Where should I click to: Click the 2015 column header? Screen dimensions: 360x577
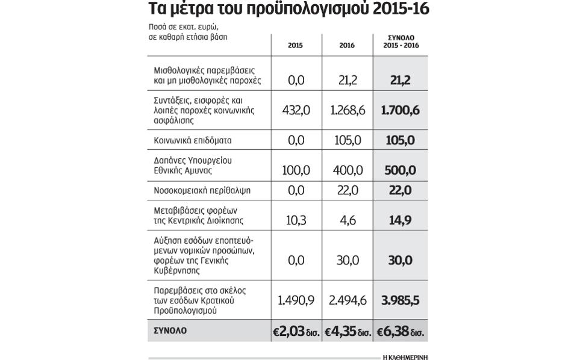(295, 45)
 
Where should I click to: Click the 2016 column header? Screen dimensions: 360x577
(347, 45)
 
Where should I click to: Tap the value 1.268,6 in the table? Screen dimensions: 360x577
(348, 110)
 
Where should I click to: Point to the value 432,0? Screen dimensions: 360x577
(296, 110)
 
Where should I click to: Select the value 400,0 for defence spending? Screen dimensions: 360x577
(348, 170)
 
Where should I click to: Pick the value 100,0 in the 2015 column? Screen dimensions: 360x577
(296, 170)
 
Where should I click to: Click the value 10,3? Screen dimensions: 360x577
(296, 220)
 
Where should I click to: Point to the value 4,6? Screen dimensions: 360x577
(348, 220)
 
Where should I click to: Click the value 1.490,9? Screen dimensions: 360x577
(296, 300)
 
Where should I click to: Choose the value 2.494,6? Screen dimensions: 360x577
(348, 300)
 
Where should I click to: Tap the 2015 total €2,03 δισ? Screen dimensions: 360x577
(296, 331)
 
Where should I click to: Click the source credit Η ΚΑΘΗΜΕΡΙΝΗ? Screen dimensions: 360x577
(405, 357)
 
